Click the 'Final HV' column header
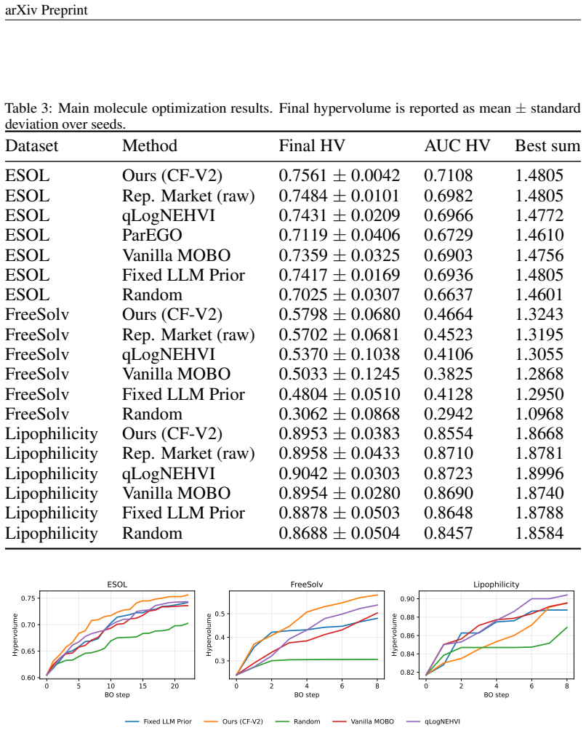(312, 145)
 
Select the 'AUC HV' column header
(457, 145)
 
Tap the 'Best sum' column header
(547, 145)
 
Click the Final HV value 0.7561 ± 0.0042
(340, 175)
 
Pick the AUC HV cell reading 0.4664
(449, 314)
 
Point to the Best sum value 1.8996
(539, 473)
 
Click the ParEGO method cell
(152, 235)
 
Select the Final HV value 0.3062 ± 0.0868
(340, 414)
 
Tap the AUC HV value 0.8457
(449, 533)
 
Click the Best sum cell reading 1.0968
(539, 414)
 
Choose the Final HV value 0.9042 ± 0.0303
(340, 473)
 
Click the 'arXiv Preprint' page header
(46, 9)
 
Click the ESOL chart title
(117, 585)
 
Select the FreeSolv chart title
(307, 585)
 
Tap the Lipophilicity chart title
(496, 585)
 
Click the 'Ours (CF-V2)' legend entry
(233, 721)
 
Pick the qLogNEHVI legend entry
(433, 721)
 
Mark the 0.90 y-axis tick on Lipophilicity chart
(407, 598)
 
